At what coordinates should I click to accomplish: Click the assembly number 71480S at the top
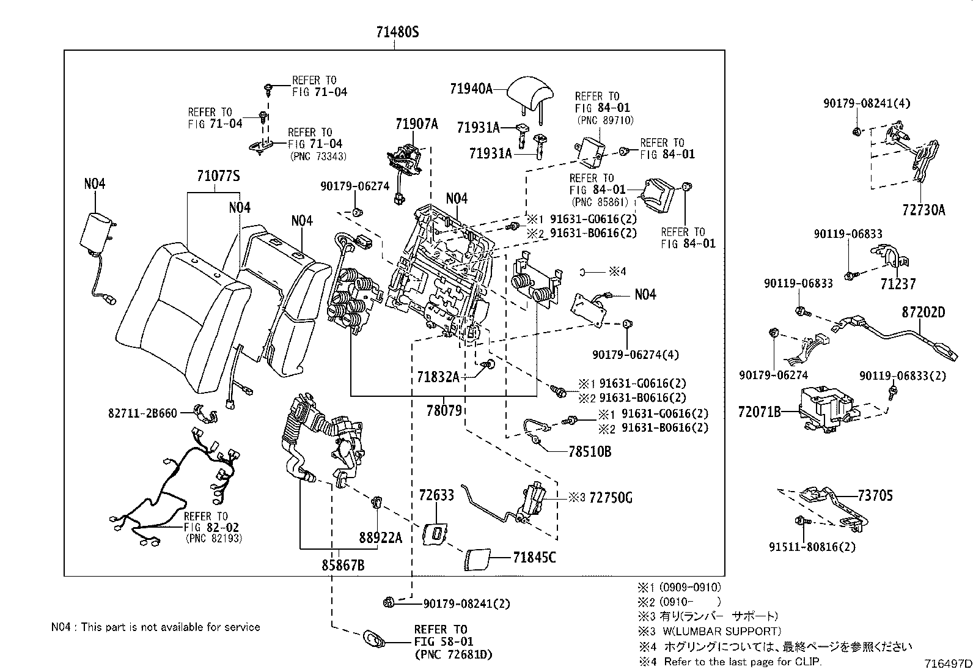(394, 32)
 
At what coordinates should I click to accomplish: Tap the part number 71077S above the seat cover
(218, 177)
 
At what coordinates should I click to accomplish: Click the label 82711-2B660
(143, 413)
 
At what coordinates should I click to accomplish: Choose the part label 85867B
(343, 566)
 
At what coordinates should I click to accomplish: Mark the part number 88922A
(380, 537)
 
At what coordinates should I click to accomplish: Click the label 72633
(436, 495)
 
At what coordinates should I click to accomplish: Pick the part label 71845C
(535, 557)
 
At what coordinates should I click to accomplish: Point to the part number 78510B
(590, 452)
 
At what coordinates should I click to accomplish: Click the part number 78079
(444, 410)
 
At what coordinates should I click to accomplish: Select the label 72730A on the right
(923, 210)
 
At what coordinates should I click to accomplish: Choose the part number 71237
(898, 284)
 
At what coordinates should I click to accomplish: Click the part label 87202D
(923, 312)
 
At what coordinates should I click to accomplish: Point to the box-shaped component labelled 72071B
(827, 407)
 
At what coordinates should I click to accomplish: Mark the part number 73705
(875, 495)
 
